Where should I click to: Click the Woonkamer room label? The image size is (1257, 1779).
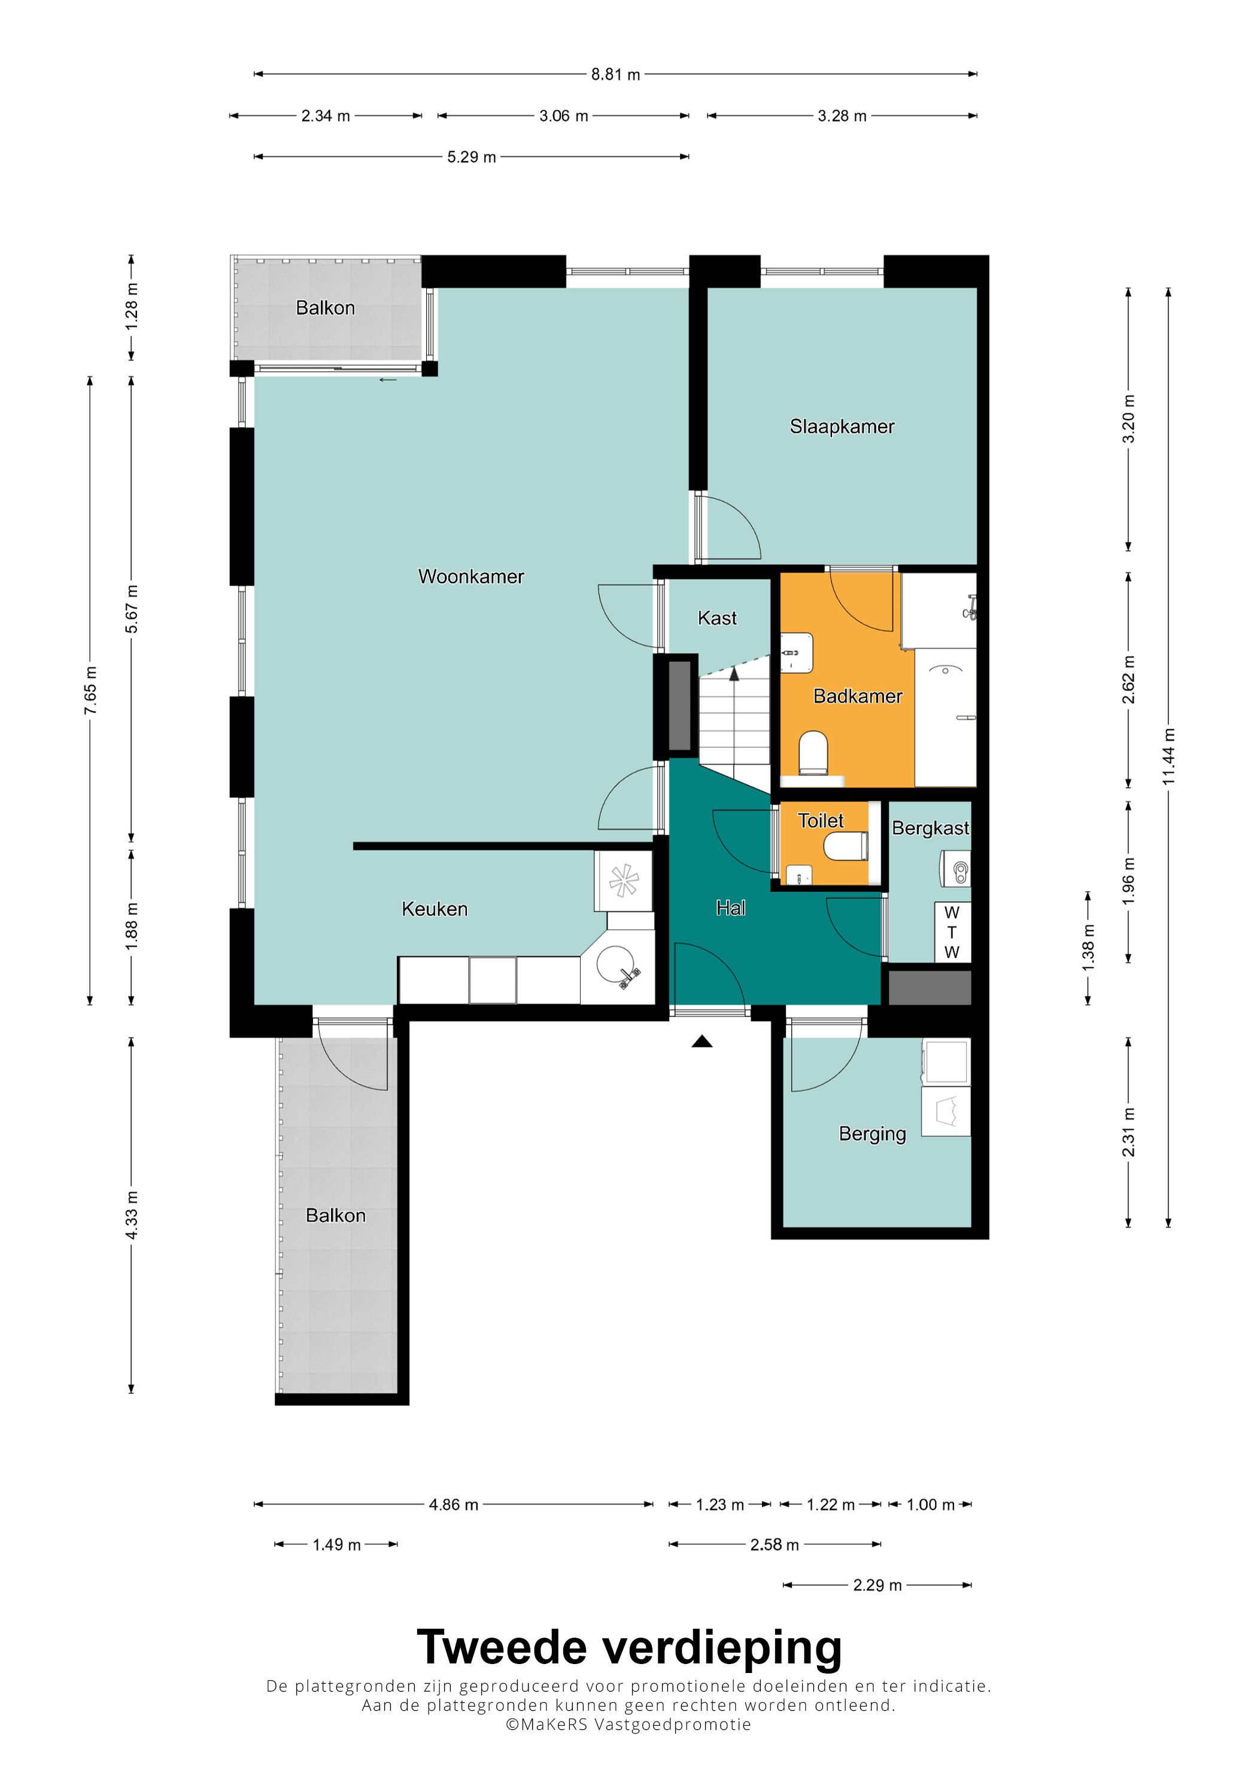coord(471,577)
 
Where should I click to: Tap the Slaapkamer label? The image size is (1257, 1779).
coord(842,427)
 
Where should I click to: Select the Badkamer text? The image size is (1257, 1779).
coord(857,696)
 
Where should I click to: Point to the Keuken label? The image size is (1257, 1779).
coord(435,909)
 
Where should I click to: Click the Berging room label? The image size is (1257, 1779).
coord(872,1134)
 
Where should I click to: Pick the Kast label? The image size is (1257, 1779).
coord(717,619)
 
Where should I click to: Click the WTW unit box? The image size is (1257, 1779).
coord(952,932)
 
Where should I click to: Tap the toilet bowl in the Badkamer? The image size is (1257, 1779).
coord(813,752)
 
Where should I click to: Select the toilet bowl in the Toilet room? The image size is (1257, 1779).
coord(846,846)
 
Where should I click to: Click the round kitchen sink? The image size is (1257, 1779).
coord(617,968)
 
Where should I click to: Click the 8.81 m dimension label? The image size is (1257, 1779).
coord(616,74)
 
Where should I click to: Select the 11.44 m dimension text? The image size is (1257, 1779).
coord(1168,756)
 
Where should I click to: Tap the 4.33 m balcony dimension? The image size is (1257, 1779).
coord(132,1215)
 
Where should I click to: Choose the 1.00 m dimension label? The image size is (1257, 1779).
coord(931,1505)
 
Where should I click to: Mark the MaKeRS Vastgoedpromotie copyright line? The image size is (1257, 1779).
coord(628,1725)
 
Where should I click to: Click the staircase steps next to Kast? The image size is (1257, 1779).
coord(734,725)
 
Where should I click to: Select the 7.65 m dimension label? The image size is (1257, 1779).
coord(90,690)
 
